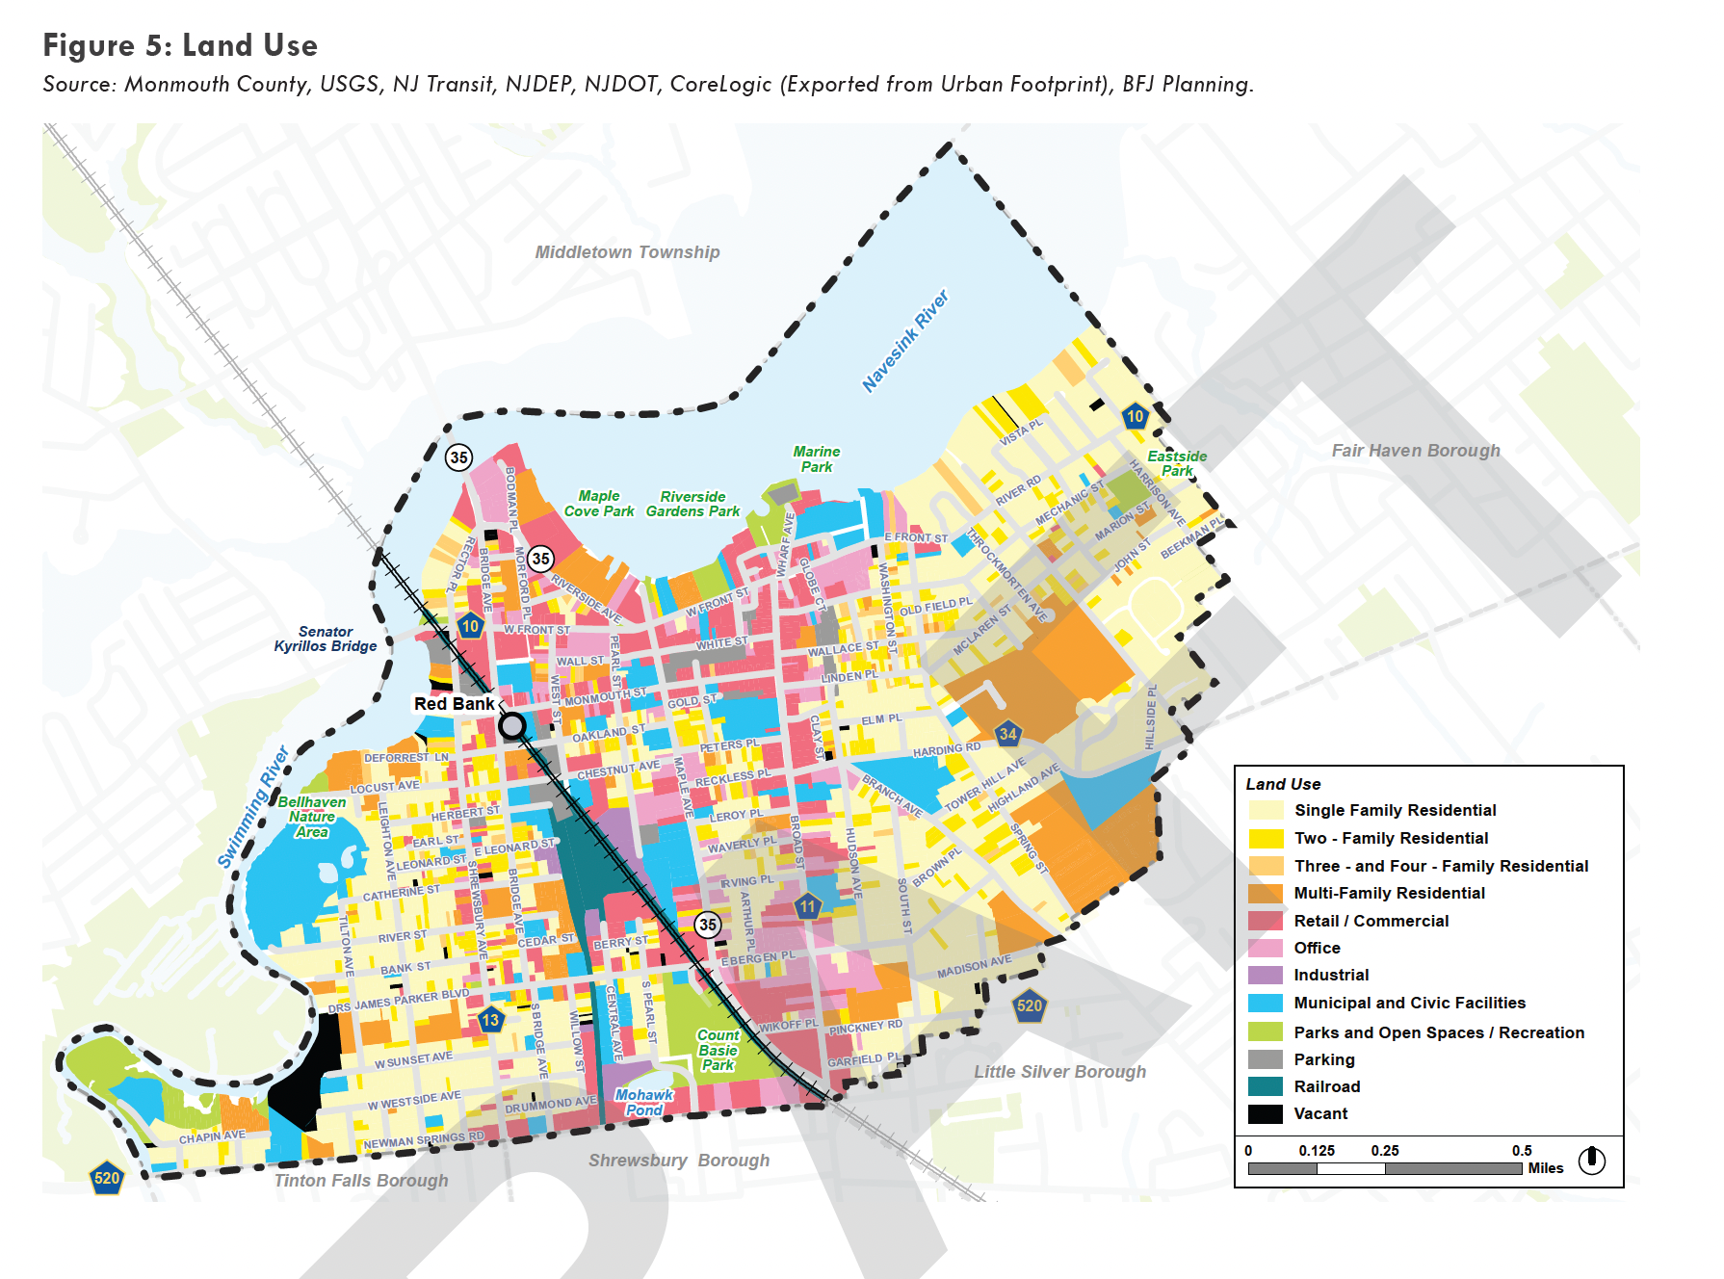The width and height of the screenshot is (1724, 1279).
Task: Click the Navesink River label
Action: point(904,341)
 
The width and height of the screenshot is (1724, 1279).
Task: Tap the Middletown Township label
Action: point(627,252)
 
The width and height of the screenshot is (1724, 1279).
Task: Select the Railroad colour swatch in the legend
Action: point(1265,1086)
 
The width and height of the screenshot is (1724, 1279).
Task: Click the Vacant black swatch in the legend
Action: point(1265,1114)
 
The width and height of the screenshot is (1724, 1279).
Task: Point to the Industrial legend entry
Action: point(1330,975)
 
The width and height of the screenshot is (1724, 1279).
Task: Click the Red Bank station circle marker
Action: point(512,725)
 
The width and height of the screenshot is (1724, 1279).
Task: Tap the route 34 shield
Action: point(1007,734)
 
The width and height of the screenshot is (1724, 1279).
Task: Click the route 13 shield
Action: point(490,1020)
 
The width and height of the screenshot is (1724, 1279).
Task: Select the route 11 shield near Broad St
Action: point(807,906)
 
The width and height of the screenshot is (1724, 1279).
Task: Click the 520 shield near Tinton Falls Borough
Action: point(106,1178)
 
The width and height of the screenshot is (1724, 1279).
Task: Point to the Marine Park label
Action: point(816,458)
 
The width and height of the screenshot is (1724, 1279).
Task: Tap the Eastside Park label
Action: point(1176,463)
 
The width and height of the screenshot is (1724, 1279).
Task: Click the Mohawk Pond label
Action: point(643,1102)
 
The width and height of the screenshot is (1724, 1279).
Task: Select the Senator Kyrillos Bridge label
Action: point(325,639)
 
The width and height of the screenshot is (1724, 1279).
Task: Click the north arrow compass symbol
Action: point(1592,1160)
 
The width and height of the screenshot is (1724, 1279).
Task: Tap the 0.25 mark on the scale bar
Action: point(1385,1151)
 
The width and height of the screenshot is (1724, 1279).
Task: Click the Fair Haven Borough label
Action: point(1415,451)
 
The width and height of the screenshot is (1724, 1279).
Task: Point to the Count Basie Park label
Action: point(718,1050)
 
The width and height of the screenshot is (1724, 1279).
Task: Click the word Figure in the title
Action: point(89,45)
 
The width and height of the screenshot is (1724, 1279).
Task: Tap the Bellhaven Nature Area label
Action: point(311,817)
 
